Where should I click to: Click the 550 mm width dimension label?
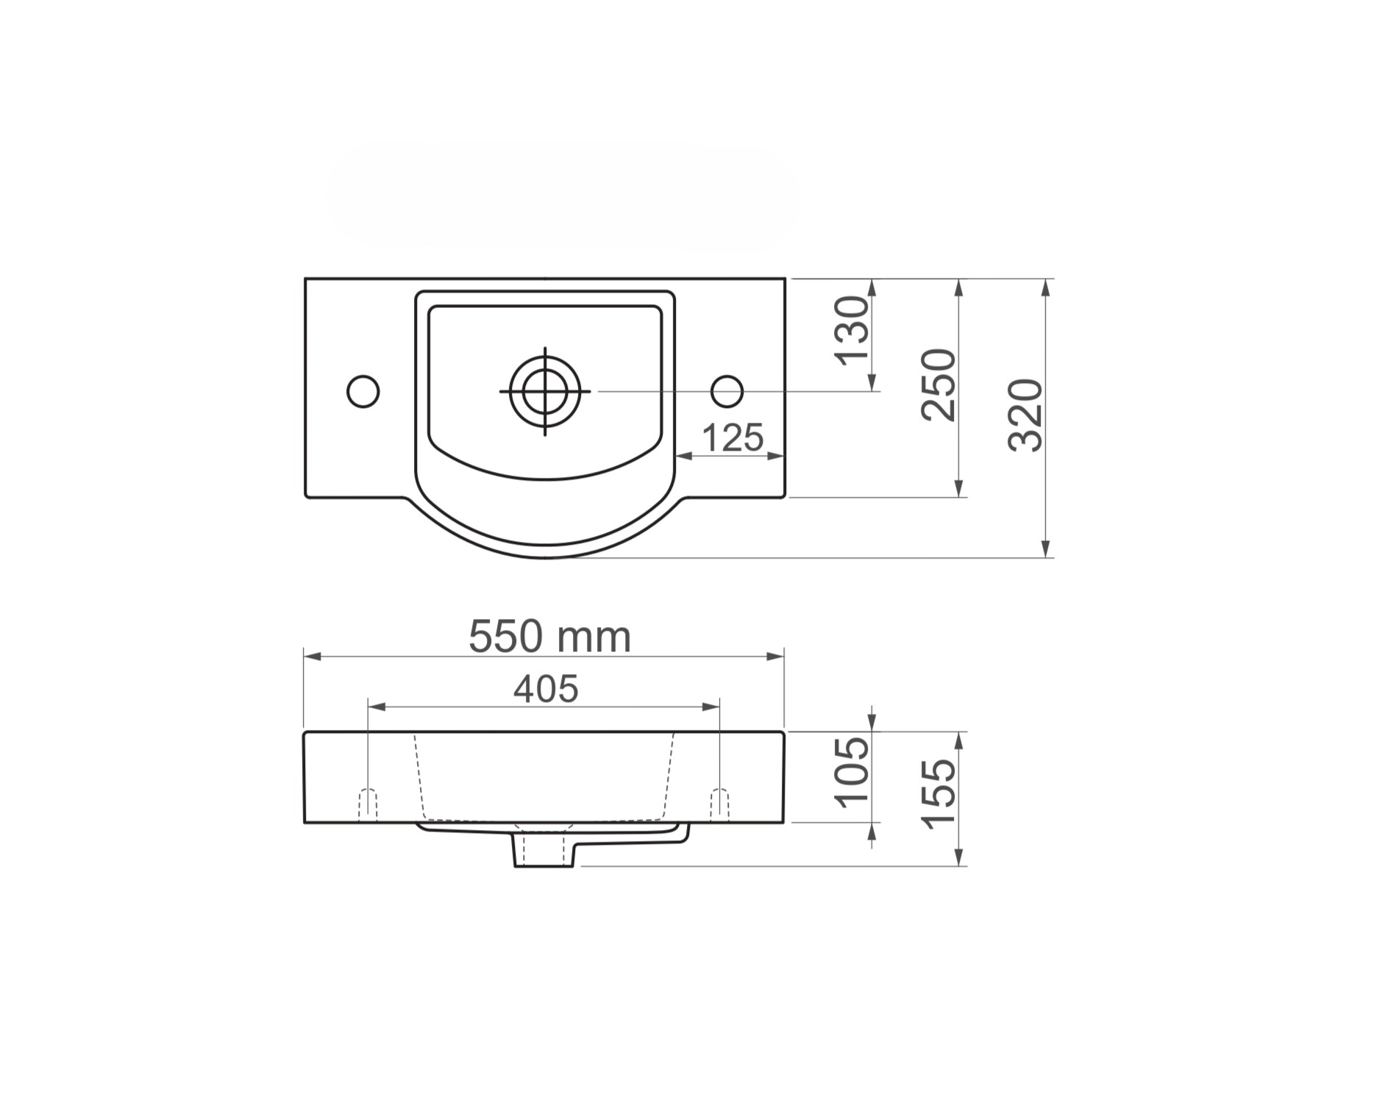(549, 637)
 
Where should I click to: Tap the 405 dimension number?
(546, 689)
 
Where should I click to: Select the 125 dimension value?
(733, 438)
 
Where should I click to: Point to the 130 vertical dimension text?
(852, 330)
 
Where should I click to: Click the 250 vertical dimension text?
(938, 385)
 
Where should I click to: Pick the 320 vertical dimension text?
(1025, 415)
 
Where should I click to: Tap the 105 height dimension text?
(852, 772)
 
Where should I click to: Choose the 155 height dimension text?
(938, 794)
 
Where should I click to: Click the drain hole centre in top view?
(545, 391)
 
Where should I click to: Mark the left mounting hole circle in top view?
(363, 391)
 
